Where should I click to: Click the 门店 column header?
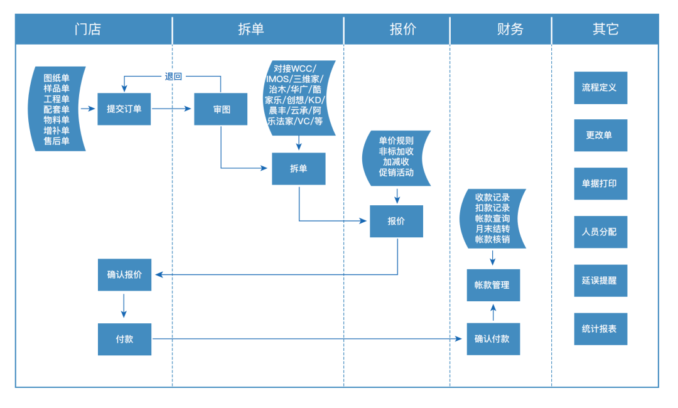tap(87, 30)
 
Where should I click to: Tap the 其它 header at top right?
tap(605, 30)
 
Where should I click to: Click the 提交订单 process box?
tap(124, 109)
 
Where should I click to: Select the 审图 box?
tap(221, 109)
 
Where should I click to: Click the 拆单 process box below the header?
tap(298, 169)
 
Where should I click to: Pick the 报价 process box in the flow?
tap(396, 221)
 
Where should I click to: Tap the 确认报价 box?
tap(124, 274)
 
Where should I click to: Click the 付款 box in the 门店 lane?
tap(124, 339)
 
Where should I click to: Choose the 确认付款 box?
tap(493, 339)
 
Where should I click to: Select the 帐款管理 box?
tap(493, 285)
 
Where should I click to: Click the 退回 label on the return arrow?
tap(173, 77)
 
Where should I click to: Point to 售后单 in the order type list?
tap(56, 142)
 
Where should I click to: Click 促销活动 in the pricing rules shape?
tap(396, 172)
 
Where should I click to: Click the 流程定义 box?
tap(600, 88)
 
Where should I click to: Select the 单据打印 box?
tap(600, 184)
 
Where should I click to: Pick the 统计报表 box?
tap(600, 328)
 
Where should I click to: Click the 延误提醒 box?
tap(600, 281)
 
